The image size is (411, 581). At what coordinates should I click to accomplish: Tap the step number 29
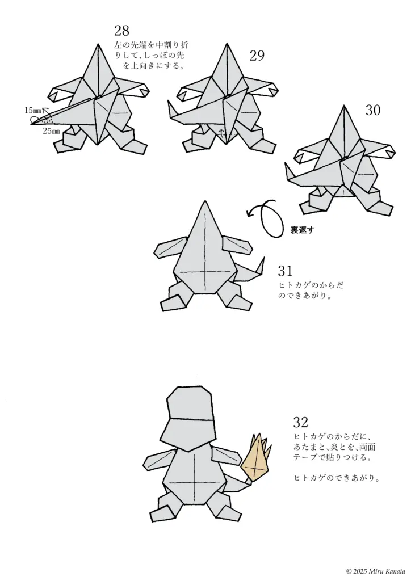tap(257, 55)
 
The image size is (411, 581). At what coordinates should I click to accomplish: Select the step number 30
tap(372, 110)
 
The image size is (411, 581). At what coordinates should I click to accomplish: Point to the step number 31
tap(286, 270)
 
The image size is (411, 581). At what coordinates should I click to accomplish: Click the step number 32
tap(301, 422)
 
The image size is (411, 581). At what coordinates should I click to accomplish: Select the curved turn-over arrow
tap(267, 217)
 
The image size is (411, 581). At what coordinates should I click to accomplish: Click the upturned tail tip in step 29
tap(171, 108)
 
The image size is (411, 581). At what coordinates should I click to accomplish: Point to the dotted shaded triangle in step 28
tap(49, 120)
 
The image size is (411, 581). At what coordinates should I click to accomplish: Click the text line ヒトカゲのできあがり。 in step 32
tap(336, 478)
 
